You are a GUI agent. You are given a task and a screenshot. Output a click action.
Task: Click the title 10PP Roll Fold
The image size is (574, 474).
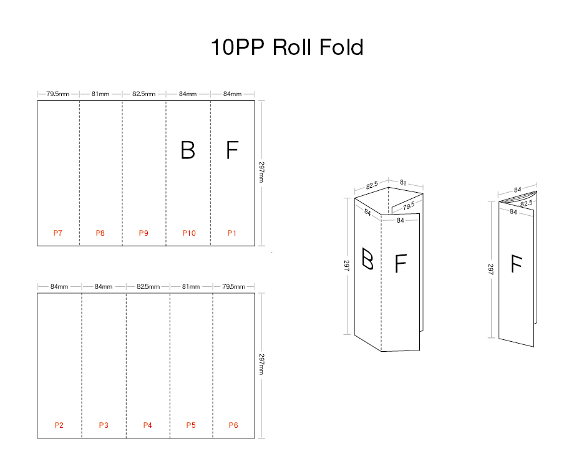(x=287, y=47)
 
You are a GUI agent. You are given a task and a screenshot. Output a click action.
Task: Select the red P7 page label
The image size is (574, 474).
(x=57, y=233)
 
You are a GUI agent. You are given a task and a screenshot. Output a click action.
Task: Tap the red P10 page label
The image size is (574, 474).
(x=189, y=233)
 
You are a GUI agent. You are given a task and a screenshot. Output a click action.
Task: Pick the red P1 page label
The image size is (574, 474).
(x=232, y=233)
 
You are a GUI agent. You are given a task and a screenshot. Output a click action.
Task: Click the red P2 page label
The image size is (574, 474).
(x=59, y=425)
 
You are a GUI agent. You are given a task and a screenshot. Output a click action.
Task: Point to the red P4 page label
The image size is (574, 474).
(x=147, y=425)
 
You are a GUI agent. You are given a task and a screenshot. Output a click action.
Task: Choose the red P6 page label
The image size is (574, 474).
(x=233, y=425)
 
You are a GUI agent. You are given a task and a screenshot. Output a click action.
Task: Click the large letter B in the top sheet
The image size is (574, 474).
(x=188, y=150)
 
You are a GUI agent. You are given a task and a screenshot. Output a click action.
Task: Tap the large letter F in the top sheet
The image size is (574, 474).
(x=232, y=150)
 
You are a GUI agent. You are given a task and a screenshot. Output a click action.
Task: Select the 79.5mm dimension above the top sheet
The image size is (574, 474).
(x=57, y=94)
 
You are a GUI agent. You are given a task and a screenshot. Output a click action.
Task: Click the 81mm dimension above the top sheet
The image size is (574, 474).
(x=100, y=94)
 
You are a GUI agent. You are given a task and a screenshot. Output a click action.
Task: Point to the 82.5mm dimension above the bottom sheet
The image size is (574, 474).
(x=148, y=286)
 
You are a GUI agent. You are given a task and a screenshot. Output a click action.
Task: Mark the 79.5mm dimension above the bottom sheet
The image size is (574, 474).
(x=234, y=286)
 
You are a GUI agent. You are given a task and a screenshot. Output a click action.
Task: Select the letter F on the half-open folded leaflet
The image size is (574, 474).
(x=401, y=264)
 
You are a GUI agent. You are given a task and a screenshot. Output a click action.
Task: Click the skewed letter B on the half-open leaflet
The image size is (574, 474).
(x=368, y=258)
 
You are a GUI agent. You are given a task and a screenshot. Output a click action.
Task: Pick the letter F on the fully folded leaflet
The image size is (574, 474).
(x=516, y=264)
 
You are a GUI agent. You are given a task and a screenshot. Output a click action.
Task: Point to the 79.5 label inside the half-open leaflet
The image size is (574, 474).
(x=409, y=206)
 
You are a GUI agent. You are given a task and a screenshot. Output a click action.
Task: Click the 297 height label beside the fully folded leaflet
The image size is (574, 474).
(x=491, y=269)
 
